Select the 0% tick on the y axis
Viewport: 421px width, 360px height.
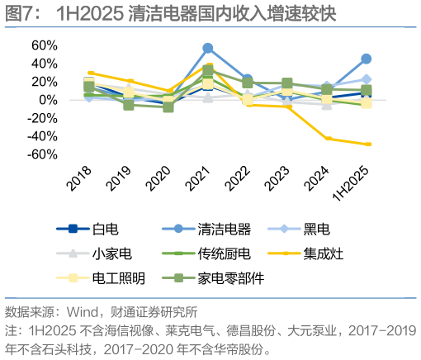pyautogui.click(x=48, y=100)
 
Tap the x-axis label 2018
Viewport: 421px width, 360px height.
pyautogui.click(x=79, y=177)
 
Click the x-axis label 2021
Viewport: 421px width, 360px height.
pyautogui.click(x=198, y=177)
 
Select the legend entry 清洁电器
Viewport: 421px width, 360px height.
pyautogui.click(x=225, y=229)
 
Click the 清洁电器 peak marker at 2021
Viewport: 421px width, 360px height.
pyautogui.click(x=208, y=48)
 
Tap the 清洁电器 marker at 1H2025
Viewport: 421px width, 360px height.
pyautogui.click(x=366, y=59)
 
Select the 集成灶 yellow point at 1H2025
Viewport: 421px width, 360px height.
pyautogui.click(x=367, y=144)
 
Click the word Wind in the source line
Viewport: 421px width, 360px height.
pyautogui.click(x=92, y=312)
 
